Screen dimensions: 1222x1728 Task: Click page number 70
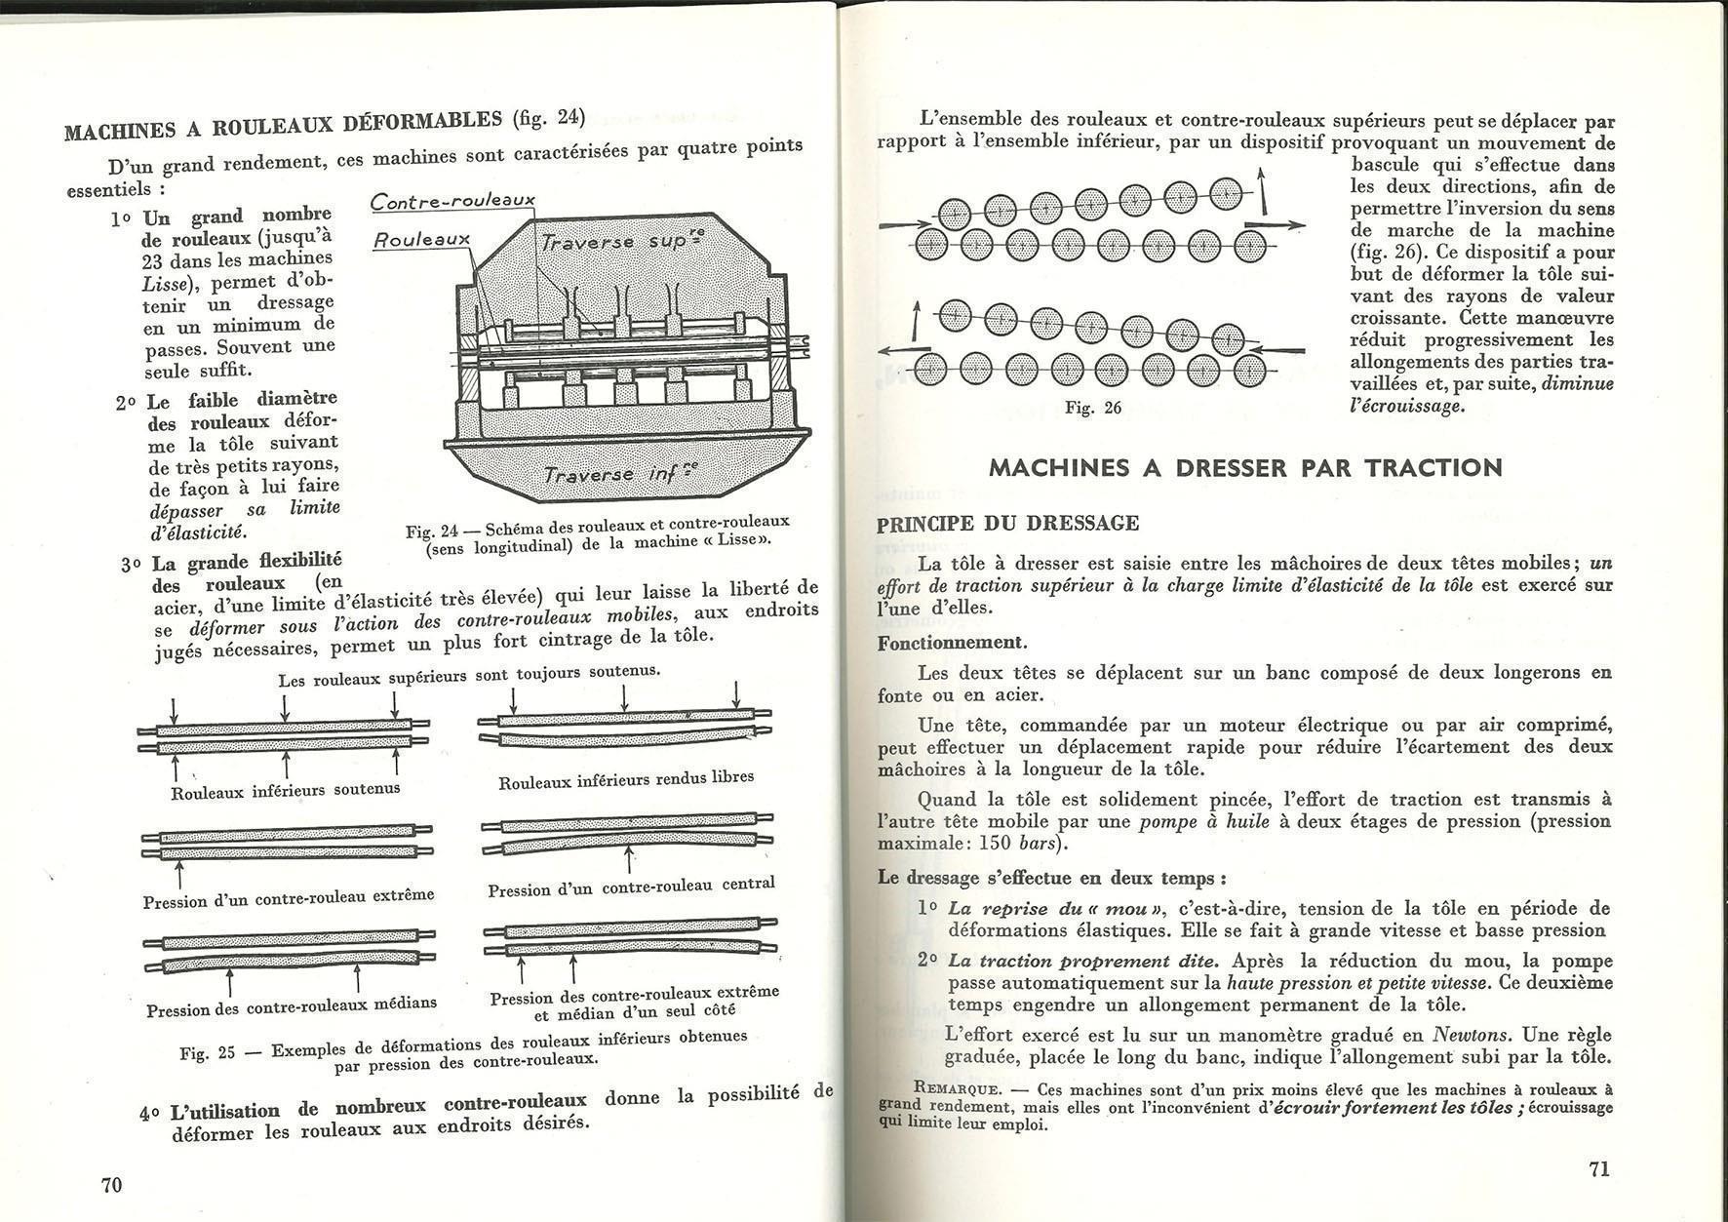111,1184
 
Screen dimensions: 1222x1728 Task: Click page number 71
1599,1169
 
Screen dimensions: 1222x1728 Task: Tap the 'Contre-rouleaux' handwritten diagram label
452,201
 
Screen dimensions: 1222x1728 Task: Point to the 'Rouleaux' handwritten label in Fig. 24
422,239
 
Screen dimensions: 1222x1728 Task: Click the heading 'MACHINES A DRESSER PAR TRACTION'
1245,467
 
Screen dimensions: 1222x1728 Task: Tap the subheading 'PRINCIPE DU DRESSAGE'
1007,524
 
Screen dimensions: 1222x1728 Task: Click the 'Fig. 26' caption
1093,408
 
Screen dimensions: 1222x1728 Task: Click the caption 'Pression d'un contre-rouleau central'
631,887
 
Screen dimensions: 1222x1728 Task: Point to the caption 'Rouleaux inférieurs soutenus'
285,791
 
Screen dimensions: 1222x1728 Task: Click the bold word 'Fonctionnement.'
952,643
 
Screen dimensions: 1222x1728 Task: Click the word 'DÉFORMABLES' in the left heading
421,121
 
